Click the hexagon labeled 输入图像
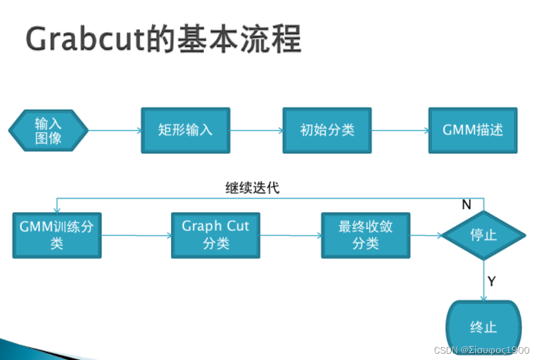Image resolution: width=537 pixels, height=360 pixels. click(x=48, y=130)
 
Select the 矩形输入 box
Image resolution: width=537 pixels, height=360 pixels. click(x=186, y=130)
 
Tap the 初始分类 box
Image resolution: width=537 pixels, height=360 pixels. click(x=327, y=130)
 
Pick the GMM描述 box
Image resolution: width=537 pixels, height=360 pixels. click(x=473, y=130)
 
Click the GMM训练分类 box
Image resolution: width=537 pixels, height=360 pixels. click(x=57, y=235)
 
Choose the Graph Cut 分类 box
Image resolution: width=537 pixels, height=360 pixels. click(x=215, y=235)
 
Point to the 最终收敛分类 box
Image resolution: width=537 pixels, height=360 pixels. click(x=365, y=235)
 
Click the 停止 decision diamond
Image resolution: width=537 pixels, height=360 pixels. click(x=483, y=235)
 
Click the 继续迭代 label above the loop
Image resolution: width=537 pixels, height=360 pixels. click(x=252, y=188)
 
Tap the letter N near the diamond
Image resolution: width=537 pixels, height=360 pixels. click(x=466, y=205)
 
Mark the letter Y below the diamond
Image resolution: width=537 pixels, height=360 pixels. click(x=492, y=281)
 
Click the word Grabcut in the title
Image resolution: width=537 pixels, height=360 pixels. click(x=84, y=39)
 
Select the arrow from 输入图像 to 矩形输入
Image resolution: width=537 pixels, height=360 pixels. click(x=115, y=131)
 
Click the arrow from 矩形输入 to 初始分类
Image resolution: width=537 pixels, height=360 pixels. click(x=256, y=131)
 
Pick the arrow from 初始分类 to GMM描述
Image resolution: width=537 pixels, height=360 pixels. click(x=400, y=131)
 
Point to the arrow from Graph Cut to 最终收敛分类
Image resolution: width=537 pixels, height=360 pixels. click(x=290, y=236)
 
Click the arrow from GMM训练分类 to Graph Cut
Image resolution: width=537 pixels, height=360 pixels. click(x=136, y=236)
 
